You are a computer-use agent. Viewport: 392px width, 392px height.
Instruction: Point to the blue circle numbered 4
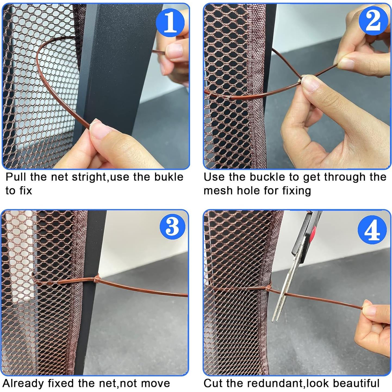[372, 230]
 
